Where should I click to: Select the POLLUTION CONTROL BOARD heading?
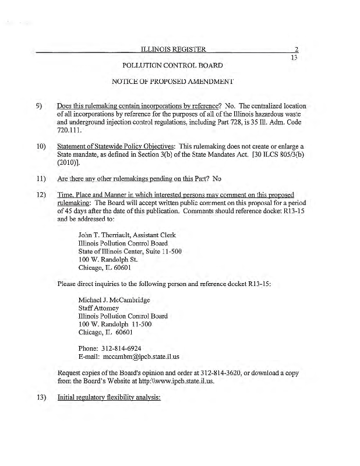173,66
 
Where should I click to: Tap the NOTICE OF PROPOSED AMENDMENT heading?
173,82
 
